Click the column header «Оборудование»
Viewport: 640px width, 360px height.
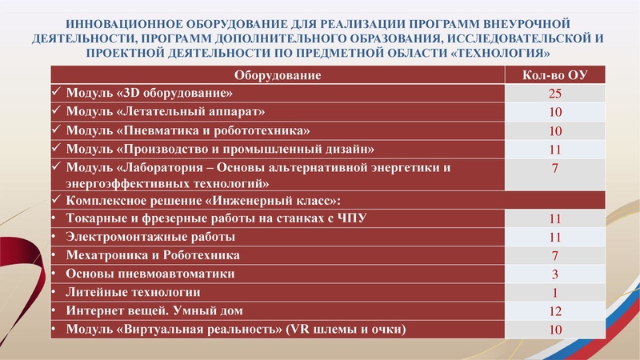(277, 75)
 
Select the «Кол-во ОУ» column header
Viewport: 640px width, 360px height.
(554, 75)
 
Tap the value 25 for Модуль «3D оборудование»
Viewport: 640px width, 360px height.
(554, 94)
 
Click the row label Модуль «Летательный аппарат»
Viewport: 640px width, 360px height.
(166, 111)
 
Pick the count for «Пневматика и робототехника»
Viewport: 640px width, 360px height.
(554, 130)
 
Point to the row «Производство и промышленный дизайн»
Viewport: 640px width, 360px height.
(220, 148)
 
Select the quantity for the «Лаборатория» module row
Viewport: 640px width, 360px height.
(554, 168)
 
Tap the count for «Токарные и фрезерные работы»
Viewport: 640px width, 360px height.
(554, 218)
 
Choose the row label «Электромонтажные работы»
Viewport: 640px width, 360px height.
(151, 237)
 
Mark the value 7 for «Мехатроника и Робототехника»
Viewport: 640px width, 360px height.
(554, 256)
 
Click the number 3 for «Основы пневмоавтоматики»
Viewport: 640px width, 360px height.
(554, 274)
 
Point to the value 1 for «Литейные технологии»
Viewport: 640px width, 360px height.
(554, 293)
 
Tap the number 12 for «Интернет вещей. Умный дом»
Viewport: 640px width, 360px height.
(554, 311)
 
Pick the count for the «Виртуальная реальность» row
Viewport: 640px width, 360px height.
(554, 330)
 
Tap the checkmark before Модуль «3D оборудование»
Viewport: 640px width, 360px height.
(56, 93)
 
